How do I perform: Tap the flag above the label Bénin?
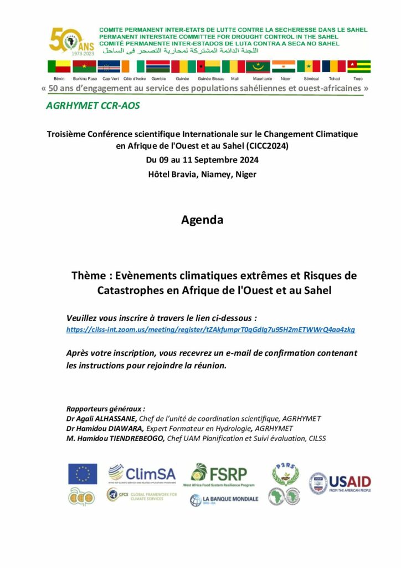(x=59, y=67)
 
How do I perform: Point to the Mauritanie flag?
(x=258, y=67)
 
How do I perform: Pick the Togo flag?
(x=358, y=67)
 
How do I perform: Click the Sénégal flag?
(x=308, y=67)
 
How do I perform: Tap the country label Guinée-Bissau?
(x=211, y=79)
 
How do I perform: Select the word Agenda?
(x=202, y=220)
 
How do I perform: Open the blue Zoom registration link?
(x=210, y=329)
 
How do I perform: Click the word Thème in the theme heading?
(x=89, y=276)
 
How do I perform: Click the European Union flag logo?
(x=83, y=474)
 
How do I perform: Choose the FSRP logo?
(x=219, y=475)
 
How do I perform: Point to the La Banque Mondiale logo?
(x=218, y=500)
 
